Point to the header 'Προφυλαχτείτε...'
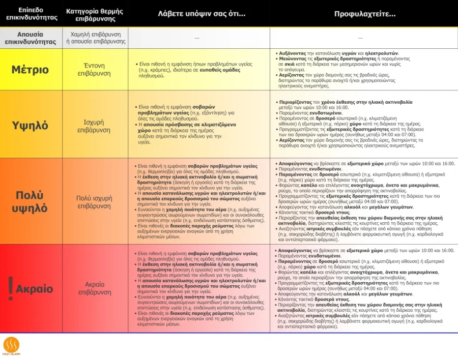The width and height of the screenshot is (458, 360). click(x=364, y=14)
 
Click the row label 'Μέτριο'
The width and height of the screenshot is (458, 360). click(x=30, y=70)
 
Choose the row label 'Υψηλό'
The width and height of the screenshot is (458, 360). click(x=30, y=125)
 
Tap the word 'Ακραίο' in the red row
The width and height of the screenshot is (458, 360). click(x=35, y=289)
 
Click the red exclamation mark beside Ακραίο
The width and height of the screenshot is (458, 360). click(x=10, y=288)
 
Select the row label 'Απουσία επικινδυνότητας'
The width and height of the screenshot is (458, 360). click(x=31, y=38)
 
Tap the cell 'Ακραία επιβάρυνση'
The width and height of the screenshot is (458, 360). click(x=95, y=289)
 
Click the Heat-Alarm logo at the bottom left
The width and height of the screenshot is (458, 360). click(x=11, y=346)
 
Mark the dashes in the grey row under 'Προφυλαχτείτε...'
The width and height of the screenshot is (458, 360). click(x=360, y=38)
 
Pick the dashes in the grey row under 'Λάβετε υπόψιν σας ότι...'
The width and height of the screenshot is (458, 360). click(x=197, y=38)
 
